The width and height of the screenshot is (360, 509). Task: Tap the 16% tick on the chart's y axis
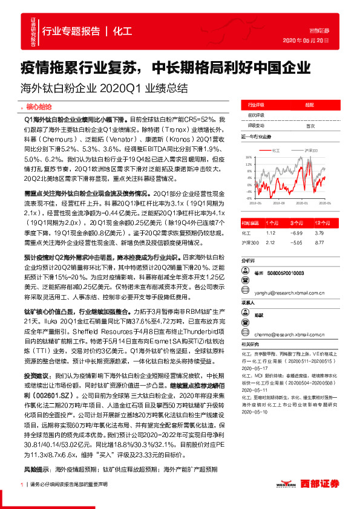248,156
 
